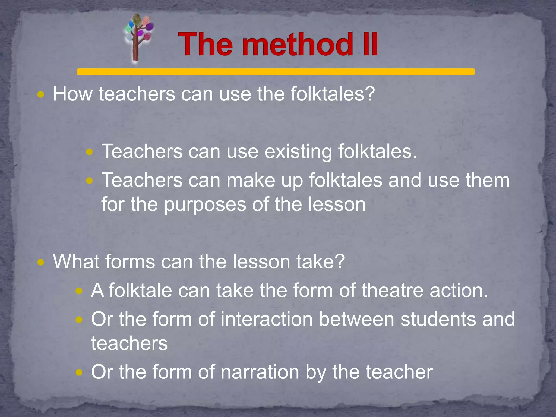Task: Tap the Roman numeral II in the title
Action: [x=369, y=44]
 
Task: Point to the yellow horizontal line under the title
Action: [x=276, y=72]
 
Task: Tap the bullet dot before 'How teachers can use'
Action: [x=41, y=95]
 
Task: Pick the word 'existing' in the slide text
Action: [x=298, y=151]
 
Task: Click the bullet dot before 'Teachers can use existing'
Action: [x=89, y=152]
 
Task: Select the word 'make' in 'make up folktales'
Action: [x=251, y=180]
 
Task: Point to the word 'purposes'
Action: [x=205, y=205]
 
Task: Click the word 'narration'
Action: [x=260, y=372]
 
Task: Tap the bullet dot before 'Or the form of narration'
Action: [x=79, y=372]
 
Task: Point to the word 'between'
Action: [x=356, y=319]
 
